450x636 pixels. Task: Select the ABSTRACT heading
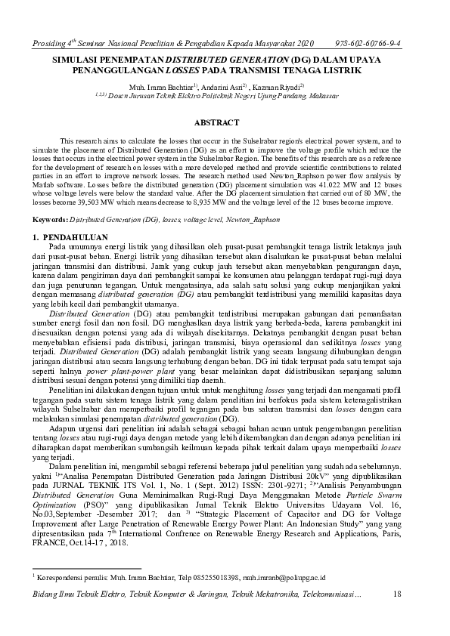pos(217,122)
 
